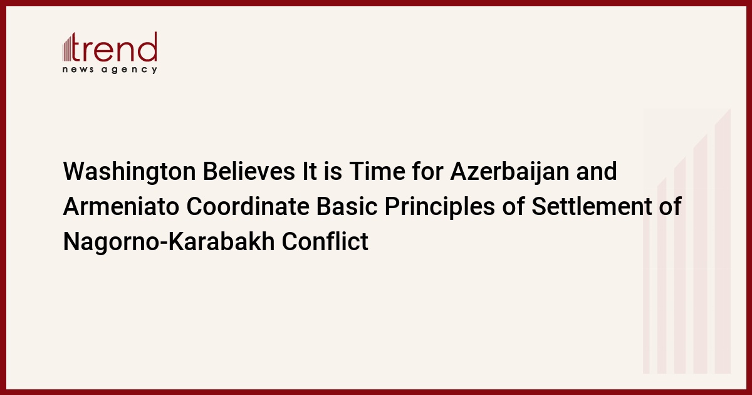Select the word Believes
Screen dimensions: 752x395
coord(249,171)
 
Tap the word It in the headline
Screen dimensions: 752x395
coord(309,171)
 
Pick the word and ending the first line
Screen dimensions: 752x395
coord(597,171)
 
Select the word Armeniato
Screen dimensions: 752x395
coord(121,206)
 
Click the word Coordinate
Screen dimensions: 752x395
coord(248,206)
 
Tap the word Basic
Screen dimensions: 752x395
coord(347,206)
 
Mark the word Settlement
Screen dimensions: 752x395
coord(592,206)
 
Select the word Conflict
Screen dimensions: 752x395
coord(325,241)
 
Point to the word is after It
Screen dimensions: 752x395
coord(333,171)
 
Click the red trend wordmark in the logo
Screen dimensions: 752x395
coord(114,46)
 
